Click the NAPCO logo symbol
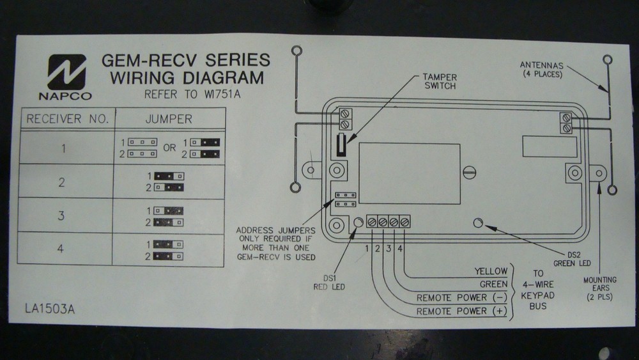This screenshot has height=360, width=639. [65, 72]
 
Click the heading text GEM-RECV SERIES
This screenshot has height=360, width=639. [185, 61]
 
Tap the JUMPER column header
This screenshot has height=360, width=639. [168, 119]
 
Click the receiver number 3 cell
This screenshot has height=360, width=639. [62, 215]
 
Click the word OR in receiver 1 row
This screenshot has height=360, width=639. [169, 148]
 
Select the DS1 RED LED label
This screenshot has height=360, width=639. [330, 283]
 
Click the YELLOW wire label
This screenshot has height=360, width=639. [490, 271]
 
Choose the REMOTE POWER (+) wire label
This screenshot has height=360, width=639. [460, 311]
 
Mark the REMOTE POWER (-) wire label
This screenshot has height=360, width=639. [460, 298]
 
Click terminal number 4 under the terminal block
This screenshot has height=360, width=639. [399, 247]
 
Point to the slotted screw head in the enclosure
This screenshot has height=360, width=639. [471, 171]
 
